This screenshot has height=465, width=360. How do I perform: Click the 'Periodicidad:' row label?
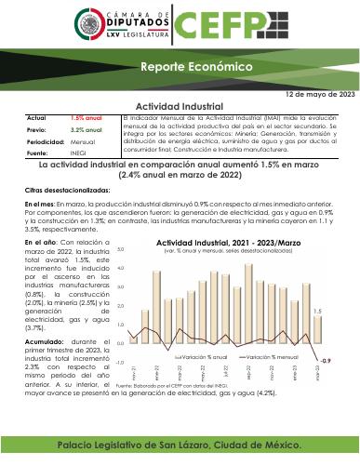(x=46, y=141)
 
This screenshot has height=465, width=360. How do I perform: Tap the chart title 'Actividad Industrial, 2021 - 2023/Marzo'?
(x=225, y=243)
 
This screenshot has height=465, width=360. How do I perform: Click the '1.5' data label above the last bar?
(x=318, y=312)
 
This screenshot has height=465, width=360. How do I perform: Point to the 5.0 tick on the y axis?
(x=121, y=251)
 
